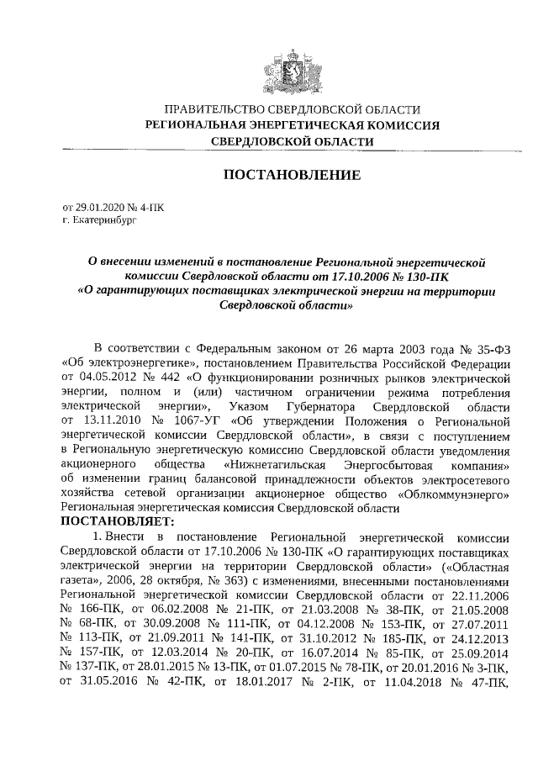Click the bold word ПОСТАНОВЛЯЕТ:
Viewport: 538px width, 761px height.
point(124,521)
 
